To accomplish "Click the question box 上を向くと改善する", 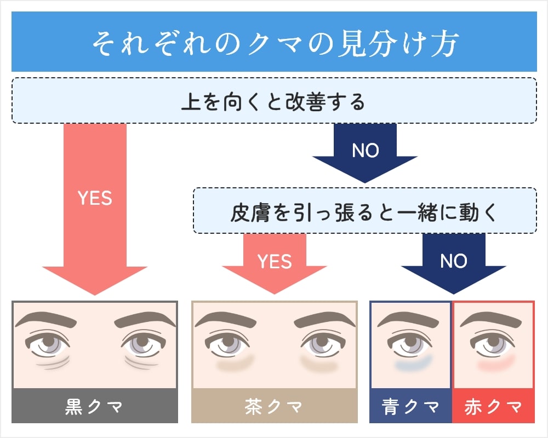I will (x=274, y=101).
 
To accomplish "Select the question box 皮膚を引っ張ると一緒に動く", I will (x=364, y=211).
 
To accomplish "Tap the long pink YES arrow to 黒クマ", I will (x=95, y=208).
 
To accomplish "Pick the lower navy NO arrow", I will (x=453, y=263).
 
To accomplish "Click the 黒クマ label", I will (x=94, y=406).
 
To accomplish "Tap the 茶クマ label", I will (x=274, y=406).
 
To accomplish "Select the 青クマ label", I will (x=410, y=406).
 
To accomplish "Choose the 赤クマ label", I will (x=493, y=406).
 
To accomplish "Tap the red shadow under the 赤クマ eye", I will (x=496, y=362).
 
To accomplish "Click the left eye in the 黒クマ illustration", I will (x=48, y=344).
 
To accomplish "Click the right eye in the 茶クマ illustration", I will (x=320, y=344).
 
